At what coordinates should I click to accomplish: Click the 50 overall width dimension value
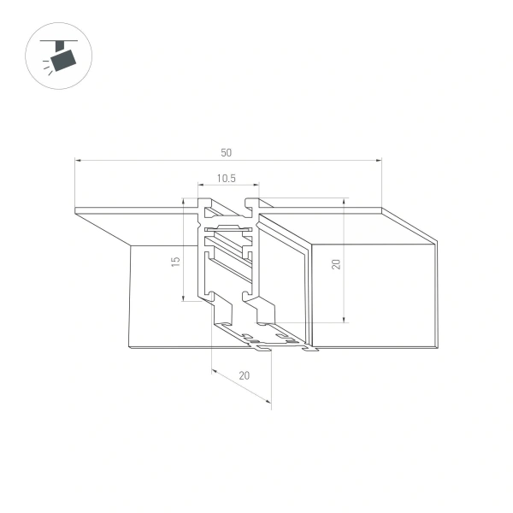point(226,153)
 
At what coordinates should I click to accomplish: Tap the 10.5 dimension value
point(226,179)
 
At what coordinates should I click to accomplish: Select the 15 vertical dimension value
point(174,261)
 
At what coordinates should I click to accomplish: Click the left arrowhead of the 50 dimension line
point(78,160)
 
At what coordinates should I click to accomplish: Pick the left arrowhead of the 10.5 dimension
point(200,186)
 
